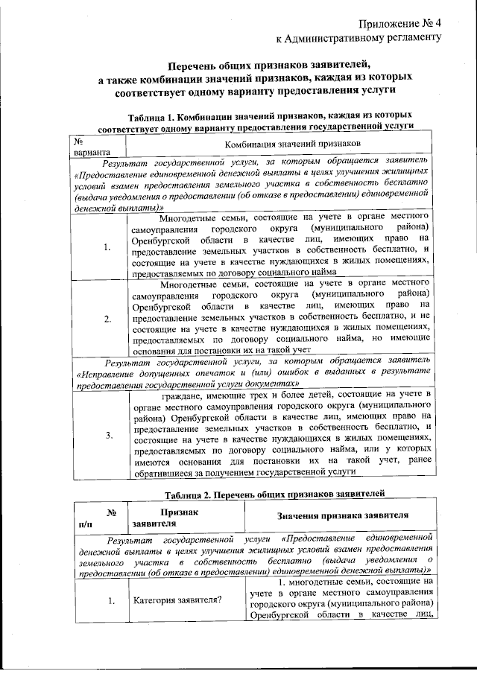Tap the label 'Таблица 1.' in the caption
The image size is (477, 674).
(153, 118)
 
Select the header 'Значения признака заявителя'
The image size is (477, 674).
(342, 515)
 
